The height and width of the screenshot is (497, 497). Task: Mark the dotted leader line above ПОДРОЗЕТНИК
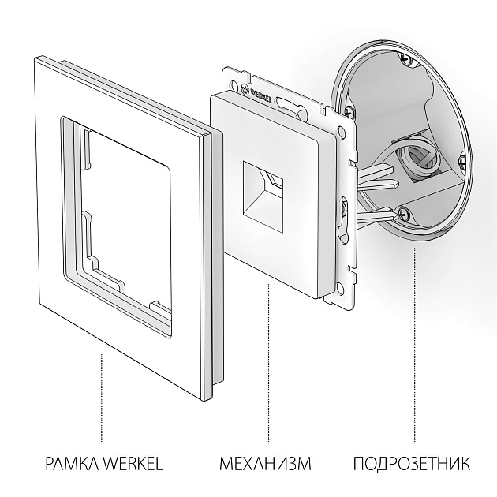point(414,347)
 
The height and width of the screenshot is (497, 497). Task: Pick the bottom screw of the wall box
point(404,211)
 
